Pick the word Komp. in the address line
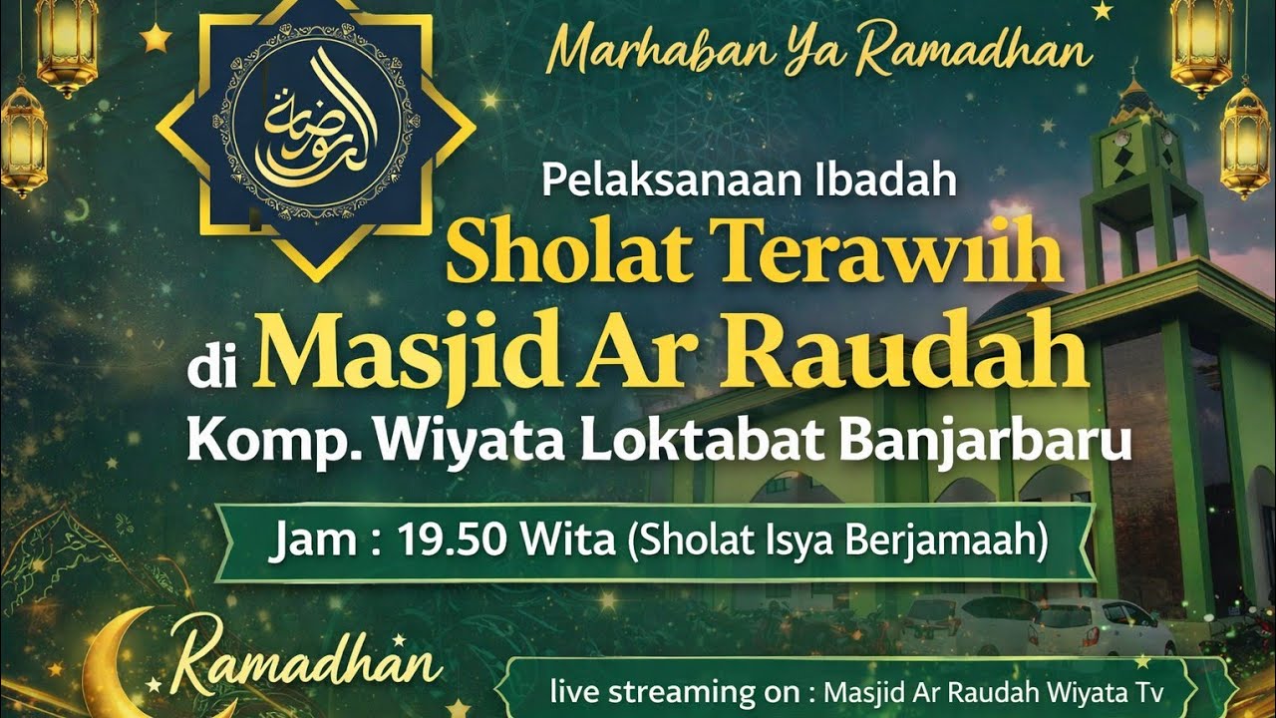pyautogui.click(x=244, y=441)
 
